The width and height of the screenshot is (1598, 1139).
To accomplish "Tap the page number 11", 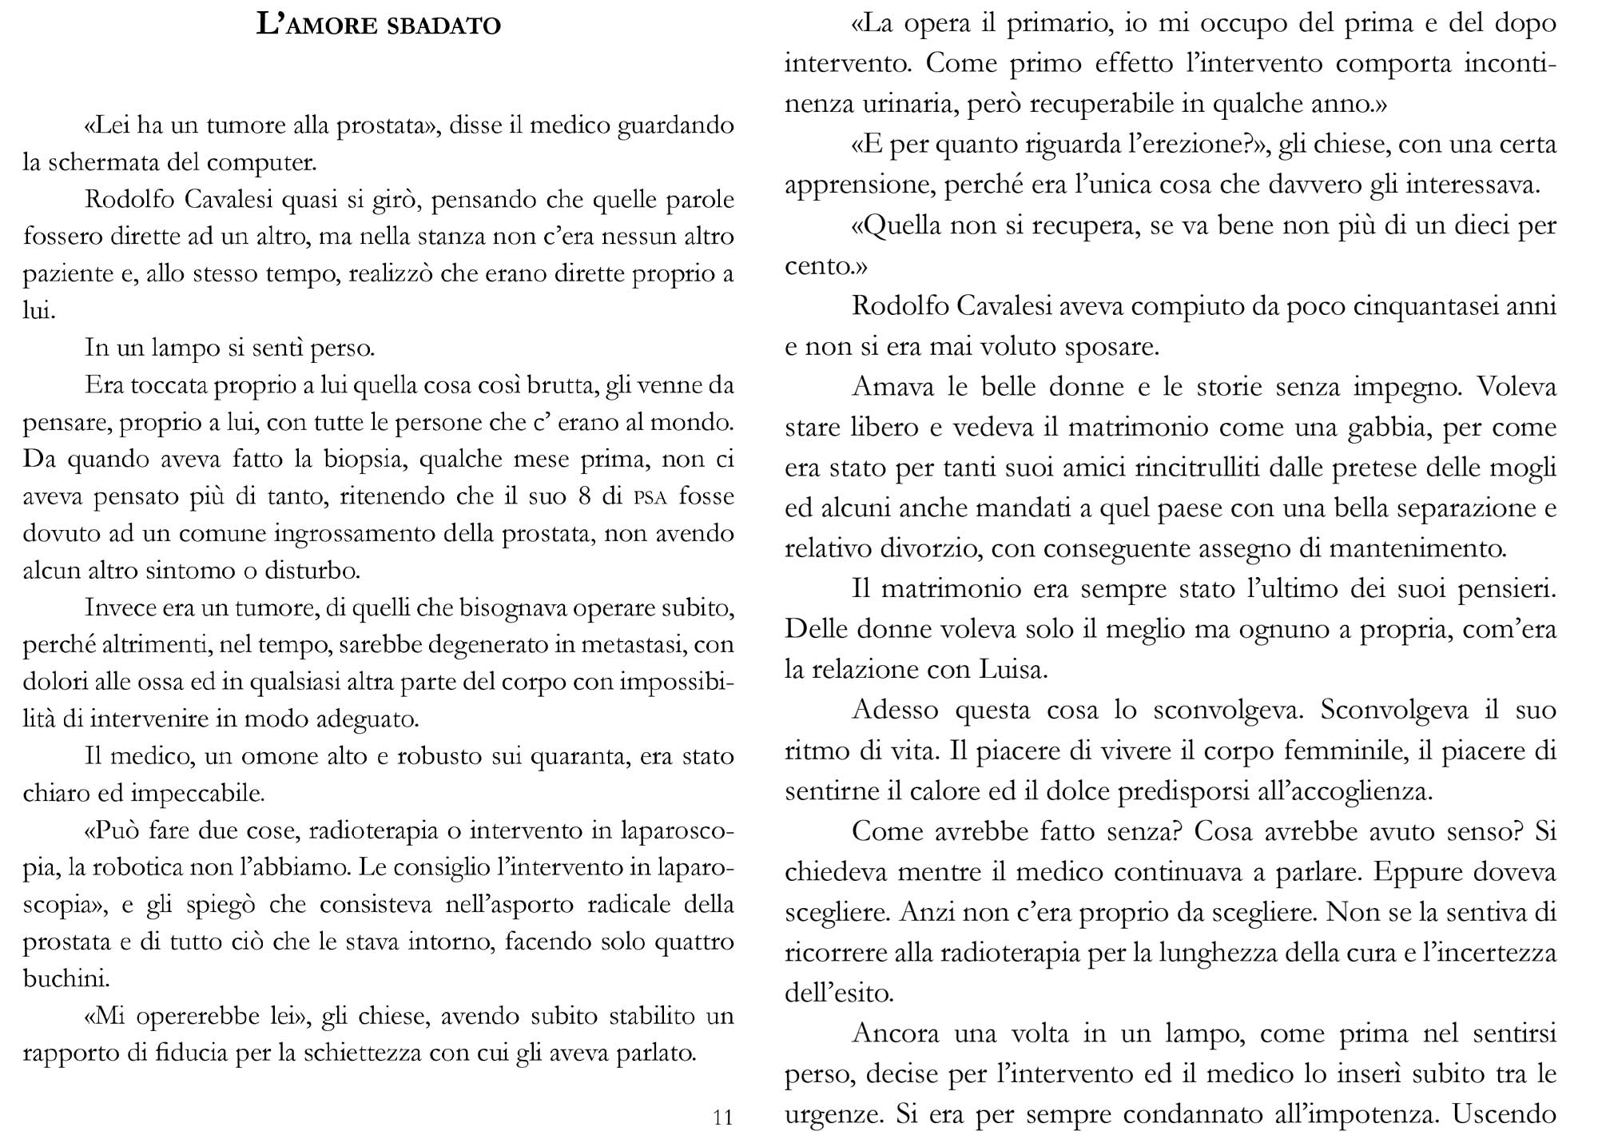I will click(722, 1117).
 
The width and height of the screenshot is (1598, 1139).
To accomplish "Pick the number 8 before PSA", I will click(583, 496).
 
